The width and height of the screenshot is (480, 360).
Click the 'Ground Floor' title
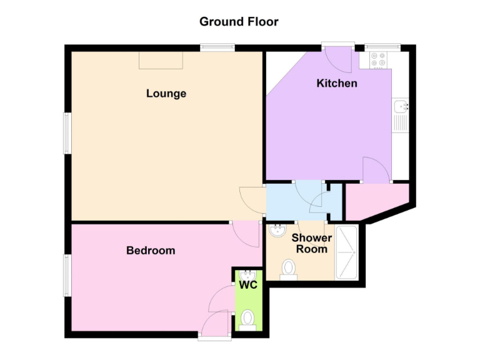click(239, 22)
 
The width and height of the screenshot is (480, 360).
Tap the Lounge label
click(166, 94)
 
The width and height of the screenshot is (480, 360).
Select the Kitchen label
click(337, 83)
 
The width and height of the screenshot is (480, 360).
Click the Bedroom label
click(151, 251)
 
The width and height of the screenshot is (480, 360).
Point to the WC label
click(248, 286)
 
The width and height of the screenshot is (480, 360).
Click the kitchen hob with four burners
click(378, 60)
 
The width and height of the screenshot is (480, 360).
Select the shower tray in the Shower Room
click(347, 252)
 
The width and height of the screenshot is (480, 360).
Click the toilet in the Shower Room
click(289, 269)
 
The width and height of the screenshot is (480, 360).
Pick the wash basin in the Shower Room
click(277, 231)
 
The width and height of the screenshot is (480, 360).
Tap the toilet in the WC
click(248, 319)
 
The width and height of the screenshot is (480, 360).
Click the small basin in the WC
click(248, 274)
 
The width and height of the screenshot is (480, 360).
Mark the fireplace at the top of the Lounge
click(161, 60)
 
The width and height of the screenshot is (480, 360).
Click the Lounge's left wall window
click(67, 132)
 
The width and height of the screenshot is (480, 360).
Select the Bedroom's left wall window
click(67, 275)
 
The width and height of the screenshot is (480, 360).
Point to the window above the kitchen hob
click(382, 46)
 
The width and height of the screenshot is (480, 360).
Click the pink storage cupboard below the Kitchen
click(375, 201)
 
